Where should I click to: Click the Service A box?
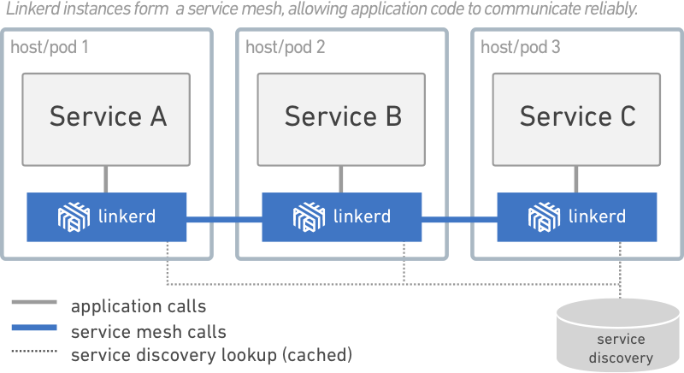pyautogui.click(x=107, y=119)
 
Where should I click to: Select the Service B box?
pyautogui.click(x=341, y=119)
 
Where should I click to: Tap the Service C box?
pyautogui.click(x=577, y=119)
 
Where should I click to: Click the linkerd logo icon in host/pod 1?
pyautogui.click(x=74, y=217)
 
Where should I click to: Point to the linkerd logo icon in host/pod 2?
pyautogui.click(x=309, y=217)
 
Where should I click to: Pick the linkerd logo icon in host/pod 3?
pyautogui.click(x=544, y=217)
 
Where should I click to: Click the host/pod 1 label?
pyautogui.click(x=50, y=47)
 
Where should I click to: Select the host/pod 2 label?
pyautogui.click(x=285, y=47)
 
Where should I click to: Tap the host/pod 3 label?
pyautogui.click(x=521, y=47)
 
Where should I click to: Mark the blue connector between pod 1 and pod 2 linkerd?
pyautogui.click(x=224, y=220)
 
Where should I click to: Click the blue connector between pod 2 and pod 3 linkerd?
pyautogui.click(x=459, y=220)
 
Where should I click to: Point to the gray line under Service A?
pyautogui.click(x=106, y=179)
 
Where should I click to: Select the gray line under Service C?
pyautogui.click(x=576, y=179)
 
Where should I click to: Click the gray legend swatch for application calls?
pyautogui.click(x=34, y=304)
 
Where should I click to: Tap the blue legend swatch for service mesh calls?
pyautogui.click(x=34, y=328)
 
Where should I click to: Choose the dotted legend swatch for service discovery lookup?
pyautogui.click(x=34, y=352)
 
